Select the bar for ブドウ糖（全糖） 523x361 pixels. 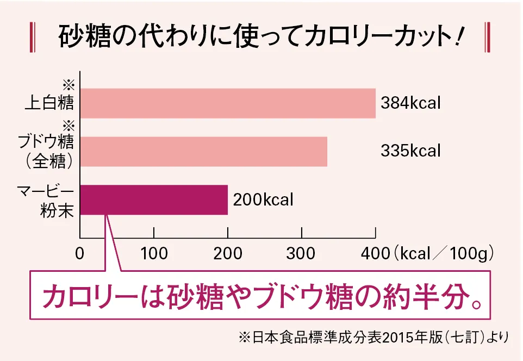click(x=203, y=151)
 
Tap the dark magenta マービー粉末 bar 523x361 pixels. click(x=154, y=200)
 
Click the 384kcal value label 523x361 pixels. click(x=410, y=103)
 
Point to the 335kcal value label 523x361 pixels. click(x=410, y=151)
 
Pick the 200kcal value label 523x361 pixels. click(x=263, y=200)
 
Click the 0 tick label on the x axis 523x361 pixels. click(x=80, y=253)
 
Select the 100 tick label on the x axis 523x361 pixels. click(x=154, y=253)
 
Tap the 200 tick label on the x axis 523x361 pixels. click(x=228, y=253)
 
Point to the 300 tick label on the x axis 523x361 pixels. click(x=302, y=253)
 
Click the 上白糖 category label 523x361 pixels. click(x=49, y=103)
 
